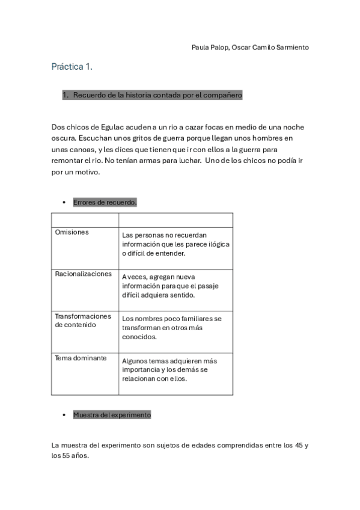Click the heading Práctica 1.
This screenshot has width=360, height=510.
pyautogui.click(x=72, y=67)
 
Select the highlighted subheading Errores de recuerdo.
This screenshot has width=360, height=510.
pyautogui.click(x=105, y=203)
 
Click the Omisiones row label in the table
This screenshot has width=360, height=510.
pyautogui.click(x=72, y=232)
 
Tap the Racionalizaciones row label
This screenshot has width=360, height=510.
pyautogui.click(x=83, y=274)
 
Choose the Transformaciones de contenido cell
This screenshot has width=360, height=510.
pyautogui.click(x=83, y=320)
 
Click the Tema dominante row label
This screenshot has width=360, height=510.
pyautogui.click(x=81, y=358)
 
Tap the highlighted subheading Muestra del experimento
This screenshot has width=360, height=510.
pyautogui.click(x=112, y=415)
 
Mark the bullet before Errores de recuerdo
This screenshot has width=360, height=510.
pyautogui.click(x=64, y=203)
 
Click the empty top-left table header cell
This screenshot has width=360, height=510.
pyautogui.click(x=85, y=219)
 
